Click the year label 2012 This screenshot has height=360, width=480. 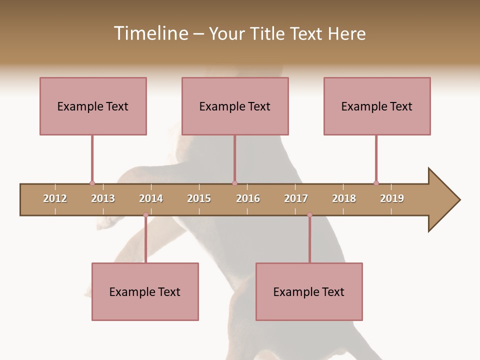55,198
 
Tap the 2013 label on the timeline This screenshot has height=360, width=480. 103,198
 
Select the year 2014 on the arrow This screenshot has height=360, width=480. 151,198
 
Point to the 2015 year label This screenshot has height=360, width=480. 199,198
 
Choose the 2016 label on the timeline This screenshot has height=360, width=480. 248,198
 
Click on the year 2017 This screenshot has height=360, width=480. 296,198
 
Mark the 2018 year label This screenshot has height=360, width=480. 344,198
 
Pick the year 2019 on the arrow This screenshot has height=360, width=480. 392,198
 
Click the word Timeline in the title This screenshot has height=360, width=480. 150,33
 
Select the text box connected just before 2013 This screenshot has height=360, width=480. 93,106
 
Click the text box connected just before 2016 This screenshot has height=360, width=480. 235,106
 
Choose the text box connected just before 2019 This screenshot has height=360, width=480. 377,106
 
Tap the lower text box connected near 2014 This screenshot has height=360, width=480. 145,291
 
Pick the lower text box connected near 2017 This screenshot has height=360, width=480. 309,291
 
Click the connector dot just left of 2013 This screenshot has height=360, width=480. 92,183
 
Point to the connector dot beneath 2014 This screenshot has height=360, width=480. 145,215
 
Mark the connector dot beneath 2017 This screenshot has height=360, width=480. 309,215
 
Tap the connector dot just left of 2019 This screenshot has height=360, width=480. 376,183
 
